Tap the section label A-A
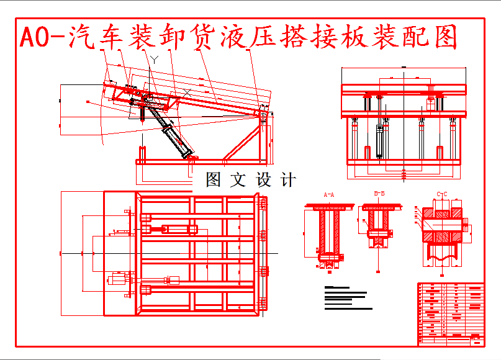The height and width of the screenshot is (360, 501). (x=329, y=194)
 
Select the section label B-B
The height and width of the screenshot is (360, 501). (x=379, y=194)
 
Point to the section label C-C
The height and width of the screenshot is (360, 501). (x=442, y=194)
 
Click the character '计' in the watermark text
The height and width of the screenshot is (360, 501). (x=288, y=180)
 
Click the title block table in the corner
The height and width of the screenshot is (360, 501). (x=451, y=313)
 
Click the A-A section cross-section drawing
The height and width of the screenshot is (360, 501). (x=328, y=233)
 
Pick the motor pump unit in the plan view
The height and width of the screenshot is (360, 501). (x=118, y=280)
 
